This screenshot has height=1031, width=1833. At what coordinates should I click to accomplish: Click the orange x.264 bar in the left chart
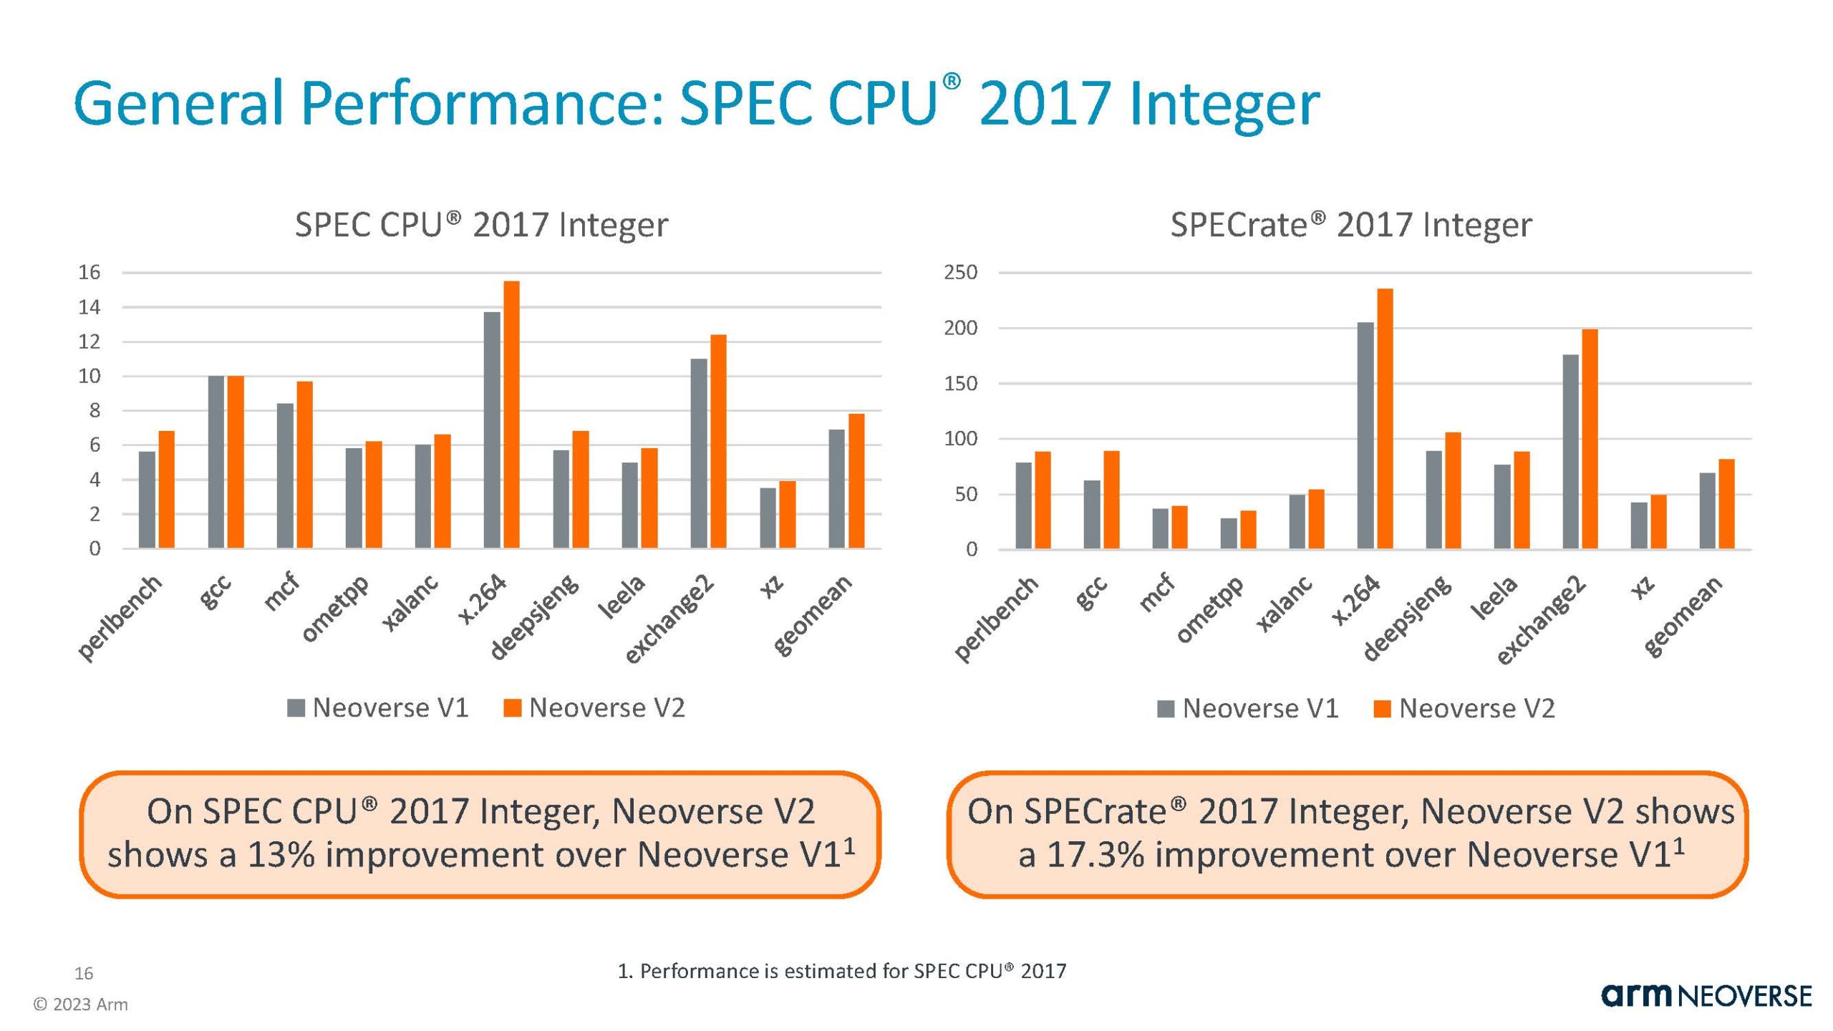(511, 415)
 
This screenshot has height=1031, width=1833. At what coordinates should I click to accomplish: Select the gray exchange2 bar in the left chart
(698, 454)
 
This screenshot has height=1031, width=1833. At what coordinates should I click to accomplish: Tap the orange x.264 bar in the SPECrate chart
(1385, 419)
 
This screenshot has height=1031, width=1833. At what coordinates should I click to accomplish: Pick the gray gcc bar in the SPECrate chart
(1092, 514)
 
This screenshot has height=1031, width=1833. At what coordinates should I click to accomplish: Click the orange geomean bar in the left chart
(856, 481)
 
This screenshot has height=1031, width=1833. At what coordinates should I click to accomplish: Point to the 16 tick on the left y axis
(90, 273)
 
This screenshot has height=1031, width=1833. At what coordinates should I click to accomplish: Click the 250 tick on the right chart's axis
(961, 273)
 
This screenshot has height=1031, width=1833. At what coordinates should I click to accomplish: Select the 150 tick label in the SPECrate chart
(961, 384)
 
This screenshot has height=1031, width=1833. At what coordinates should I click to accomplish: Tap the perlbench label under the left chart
(120, 617)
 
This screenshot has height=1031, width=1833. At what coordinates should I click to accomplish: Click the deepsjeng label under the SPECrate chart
(1406, 617)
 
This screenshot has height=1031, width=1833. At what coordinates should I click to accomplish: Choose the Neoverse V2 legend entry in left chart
(594, 708)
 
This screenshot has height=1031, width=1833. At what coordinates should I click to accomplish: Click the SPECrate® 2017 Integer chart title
(1350, 225)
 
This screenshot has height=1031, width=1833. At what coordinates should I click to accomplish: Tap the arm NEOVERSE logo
(1706, 996)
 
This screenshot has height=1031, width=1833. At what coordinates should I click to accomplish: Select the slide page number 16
(84, 974)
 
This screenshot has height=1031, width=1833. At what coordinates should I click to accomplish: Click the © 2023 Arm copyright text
(81, 1005)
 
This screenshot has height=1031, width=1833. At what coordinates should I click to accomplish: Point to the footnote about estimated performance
(842, 971)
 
